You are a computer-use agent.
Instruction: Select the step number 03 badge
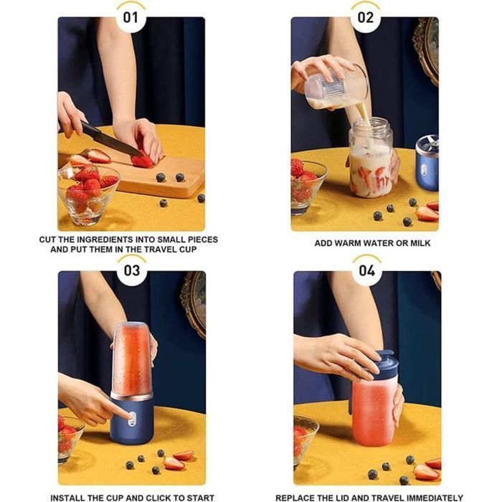[x=132, y=271]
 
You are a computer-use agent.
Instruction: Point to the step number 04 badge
[x=366, y=271]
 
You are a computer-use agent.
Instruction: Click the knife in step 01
[x=108, y=139]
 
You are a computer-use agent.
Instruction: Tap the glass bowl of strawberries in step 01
[x=88, y=193]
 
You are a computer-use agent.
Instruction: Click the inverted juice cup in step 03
[x=132, y=359]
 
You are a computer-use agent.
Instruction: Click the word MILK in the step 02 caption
[x=419, y=244]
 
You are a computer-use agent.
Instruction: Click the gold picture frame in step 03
[x=193, y=300]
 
